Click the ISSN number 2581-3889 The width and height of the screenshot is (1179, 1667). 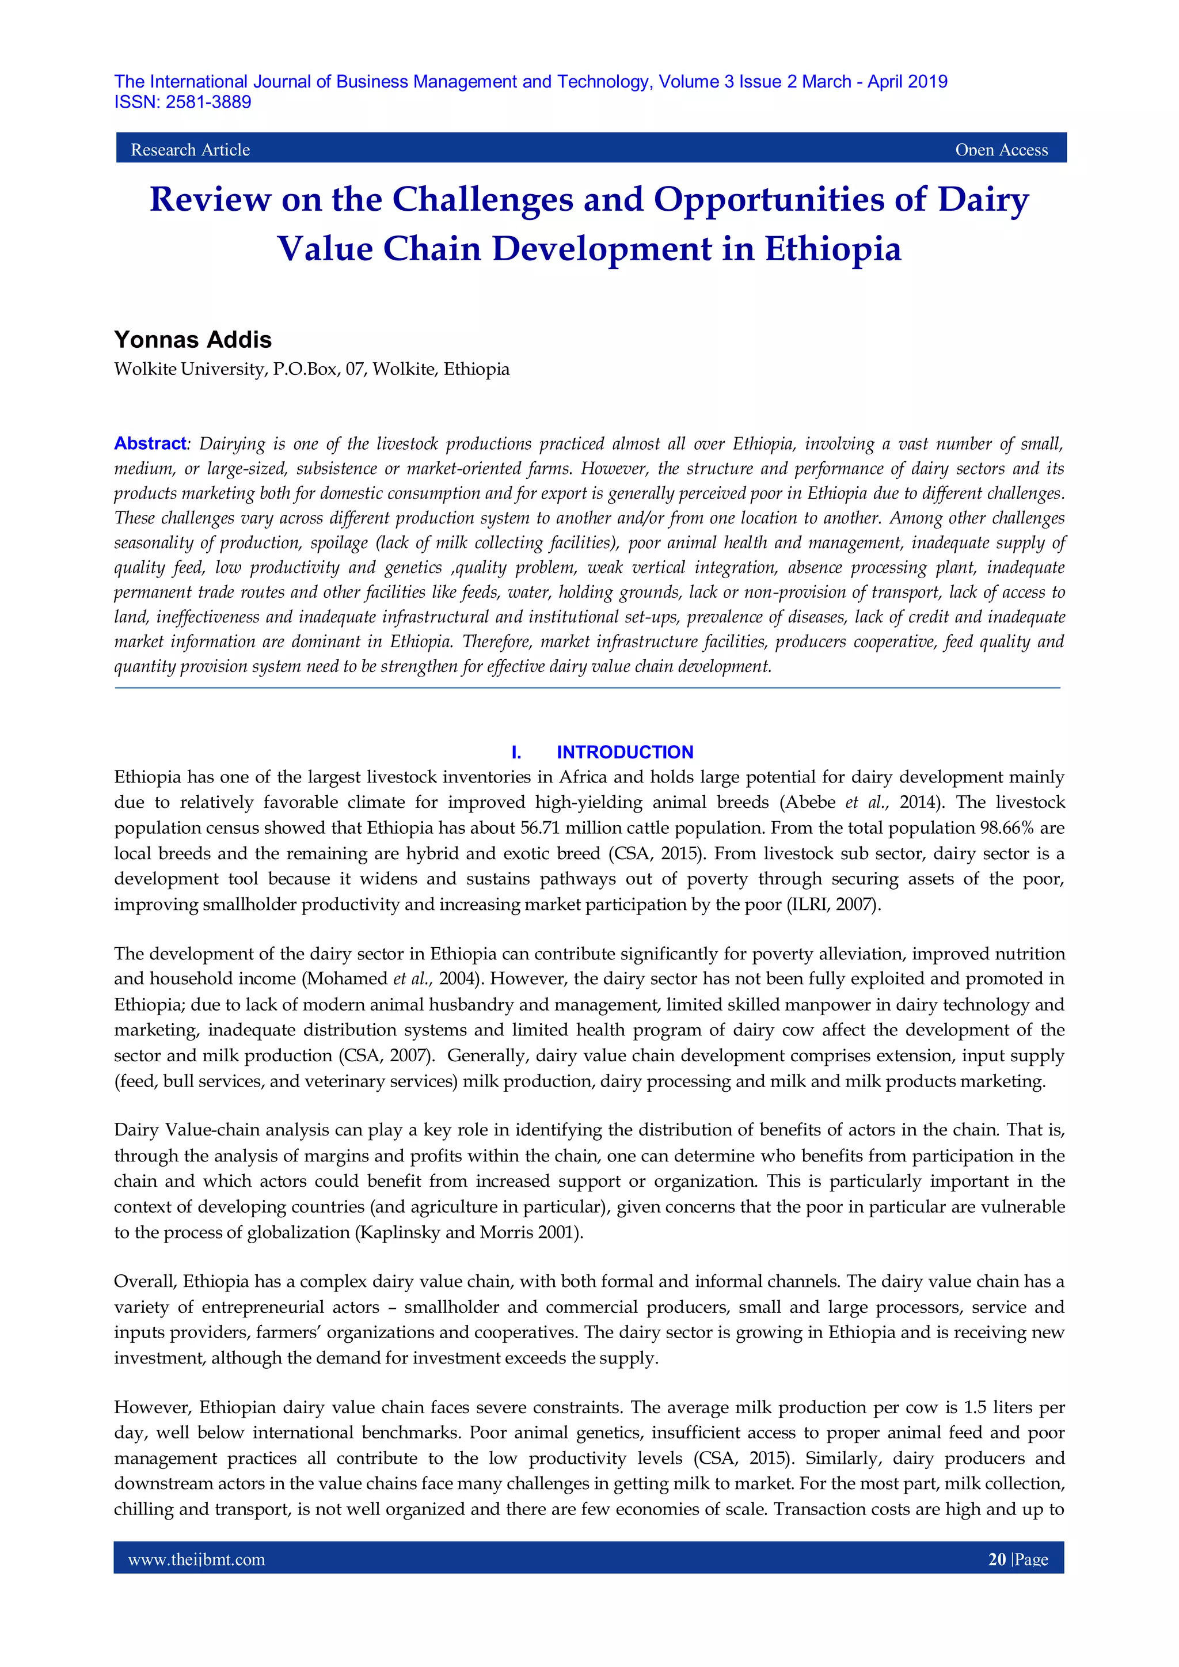click(x=208, y=102)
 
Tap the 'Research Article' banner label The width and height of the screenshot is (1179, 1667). click(x=190, y=150)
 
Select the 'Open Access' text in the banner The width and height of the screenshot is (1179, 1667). click(x=1001, y=150)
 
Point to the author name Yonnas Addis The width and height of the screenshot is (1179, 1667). click(x=193, y=340)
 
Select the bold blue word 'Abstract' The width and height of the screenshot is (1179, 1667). click(x=150, y=443)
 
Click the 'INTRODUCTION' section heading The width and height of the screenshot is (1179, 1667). click(x=625, y=752)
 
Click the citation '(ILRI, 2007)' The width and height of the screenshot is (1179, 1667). click(x=834, y=905)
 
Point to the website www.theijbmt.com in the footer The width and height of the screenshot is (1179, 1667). click(x=196, y=1559)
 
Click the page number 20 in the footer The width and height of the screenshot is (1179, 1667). click(x=997, y=1559)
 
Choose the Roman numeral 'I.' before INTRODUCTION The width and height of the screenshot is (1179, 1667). click(x=516, y=752)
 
